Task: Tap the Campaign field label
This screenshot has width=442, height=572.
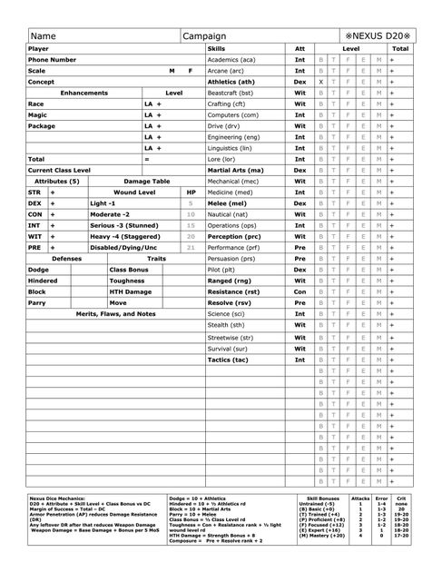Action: pos(204,35)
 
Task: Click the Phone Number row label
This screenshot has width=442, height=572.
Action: pos(52,59)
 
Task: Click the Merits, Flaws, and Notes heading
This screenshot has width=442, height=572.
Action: pos(113,313)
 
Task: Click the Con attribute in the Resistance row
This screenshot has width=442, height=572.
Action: pos(299,291)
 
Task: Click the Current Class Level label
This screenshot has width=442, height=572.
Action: pos(59,170)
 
